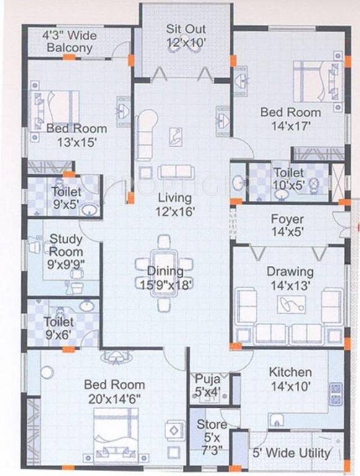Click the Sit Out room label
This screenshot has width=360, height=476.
click(x=186, y=29)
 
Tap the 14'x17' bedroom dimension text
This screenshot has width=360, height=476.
click(x=291, y=126)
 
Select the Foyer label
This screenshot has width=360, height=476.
click(x=287, y=219)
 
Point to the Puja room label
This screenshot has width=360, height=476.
click(x=208, y=379)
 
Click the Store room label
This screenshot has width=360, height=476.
click(x=211, y=425)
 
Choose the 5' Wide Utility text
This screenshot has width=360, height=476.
click(x=291, y=453)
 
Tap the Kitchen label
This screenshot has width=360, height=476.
click(x=291, y=372)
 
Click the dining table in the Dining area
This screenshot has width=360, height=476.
click(x=164, y=273)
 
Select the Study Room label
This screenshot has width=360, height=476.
click(x=66, y=245)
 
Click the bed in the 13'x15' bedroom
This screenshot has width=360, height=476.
click(x=55, y=111)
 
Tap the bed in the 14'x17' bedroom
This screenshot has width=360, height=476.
click(x=318, y=82)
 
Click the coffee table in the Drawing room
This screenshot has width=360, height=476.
click(x=291, y=304)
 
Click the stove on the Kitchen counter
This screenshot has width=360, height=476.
click(x=336, y=394)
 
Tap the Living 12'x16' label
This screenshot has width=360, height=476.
click(x=175, y=205)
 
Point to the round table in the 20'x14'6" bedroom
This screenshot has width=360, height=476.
click(x=47, y=372)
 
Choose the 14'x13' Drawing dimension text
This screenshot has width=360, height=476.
click(x=291, y=285)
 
